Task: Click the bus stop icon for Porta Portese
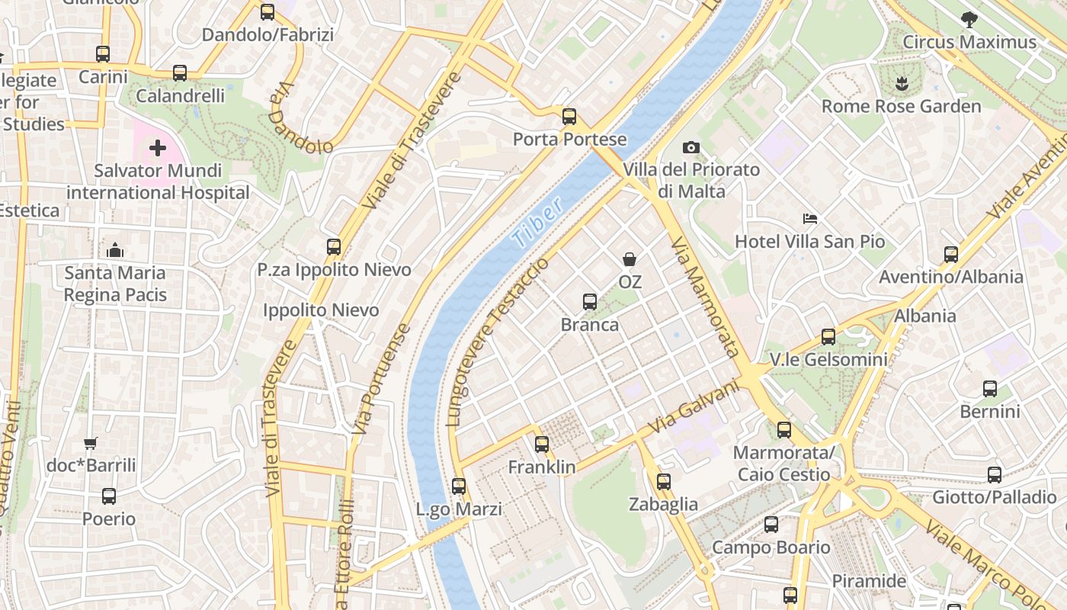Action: pos(569,117)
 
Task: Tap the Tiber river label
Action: pos(538,222)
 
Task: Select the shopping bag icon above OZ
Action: pos(630,259)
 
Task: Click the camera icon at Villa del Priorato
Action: pos(691,147)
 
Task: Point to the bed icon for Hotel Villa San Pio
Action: pos(810,219)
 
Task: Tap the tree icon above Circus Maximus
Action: pos(969,19)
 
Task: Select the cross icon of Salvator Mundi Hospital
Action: pos(158,147)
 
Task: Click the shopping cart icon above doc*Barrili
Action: pos(91,443)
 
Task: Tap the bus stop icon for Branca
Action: pos(590,302)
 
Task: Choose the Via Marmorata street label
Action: pos(705,296)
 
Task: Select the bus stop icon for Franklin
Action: pos(542,444)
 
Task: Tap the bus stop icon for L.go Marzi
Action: pos(459,486)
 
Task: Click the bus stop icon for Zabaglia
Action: pos(664,481)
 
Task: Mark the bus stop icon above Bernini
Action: pos(990,389)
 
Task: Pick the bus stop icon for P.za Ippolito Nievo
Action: pos(334,247)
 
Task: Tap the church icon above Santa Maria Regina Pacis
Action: pos(115,250)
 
